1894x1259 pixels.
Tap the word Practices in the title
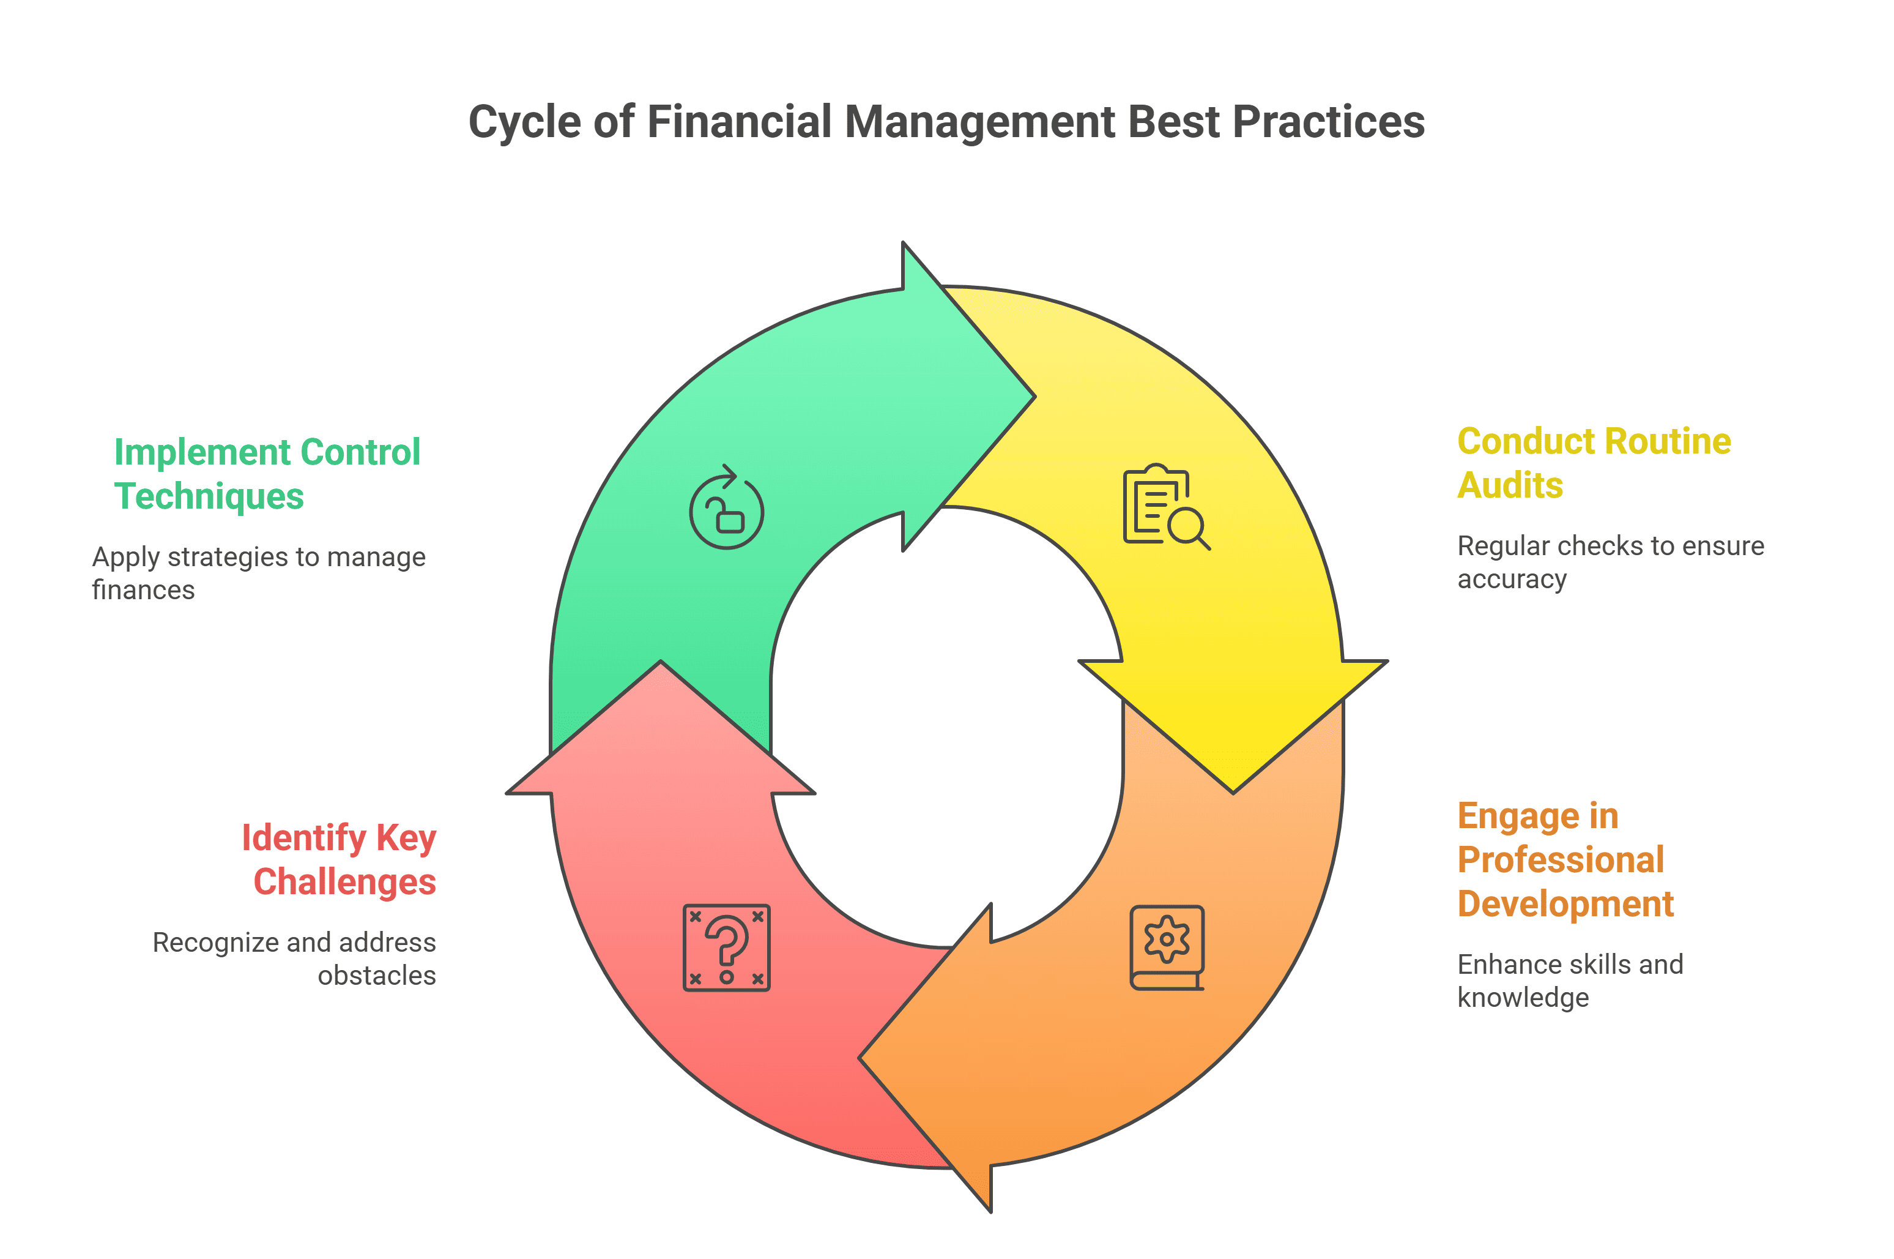[x=1328, y=121]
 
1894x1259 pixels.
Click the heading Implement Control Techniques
[x=267, y=474]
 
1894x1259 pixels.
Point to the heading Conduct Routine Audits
[x=1594, y=463]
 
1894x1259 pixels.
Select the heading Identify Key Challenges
[x=339, y=859]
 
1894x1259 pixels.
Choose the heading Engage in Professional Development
[x=1565, y=859]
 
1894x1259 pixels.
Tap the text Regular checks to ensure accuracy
[x=1611, y=561]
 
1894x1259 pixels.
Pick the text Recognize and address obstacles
[x=294, y=958]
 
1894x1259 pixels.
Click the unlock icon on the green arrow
[x=726, y=507]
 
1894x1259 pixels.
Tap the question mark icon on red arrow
[x=726, y=947]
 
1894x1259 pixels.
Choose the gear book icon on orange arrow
[x=1167, y=947]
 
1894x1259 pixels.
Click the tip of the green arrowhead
[x=1035, y=397]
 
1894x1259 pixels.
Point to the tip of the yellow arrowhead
[x=1233, y=793]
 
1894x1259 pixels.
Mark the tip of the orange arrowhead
[x=860, y=1058]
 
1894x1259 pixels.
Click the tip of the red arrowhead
[x=661, y=661]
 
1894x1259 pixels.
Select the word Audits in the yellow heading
[x=1510, y=485]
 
